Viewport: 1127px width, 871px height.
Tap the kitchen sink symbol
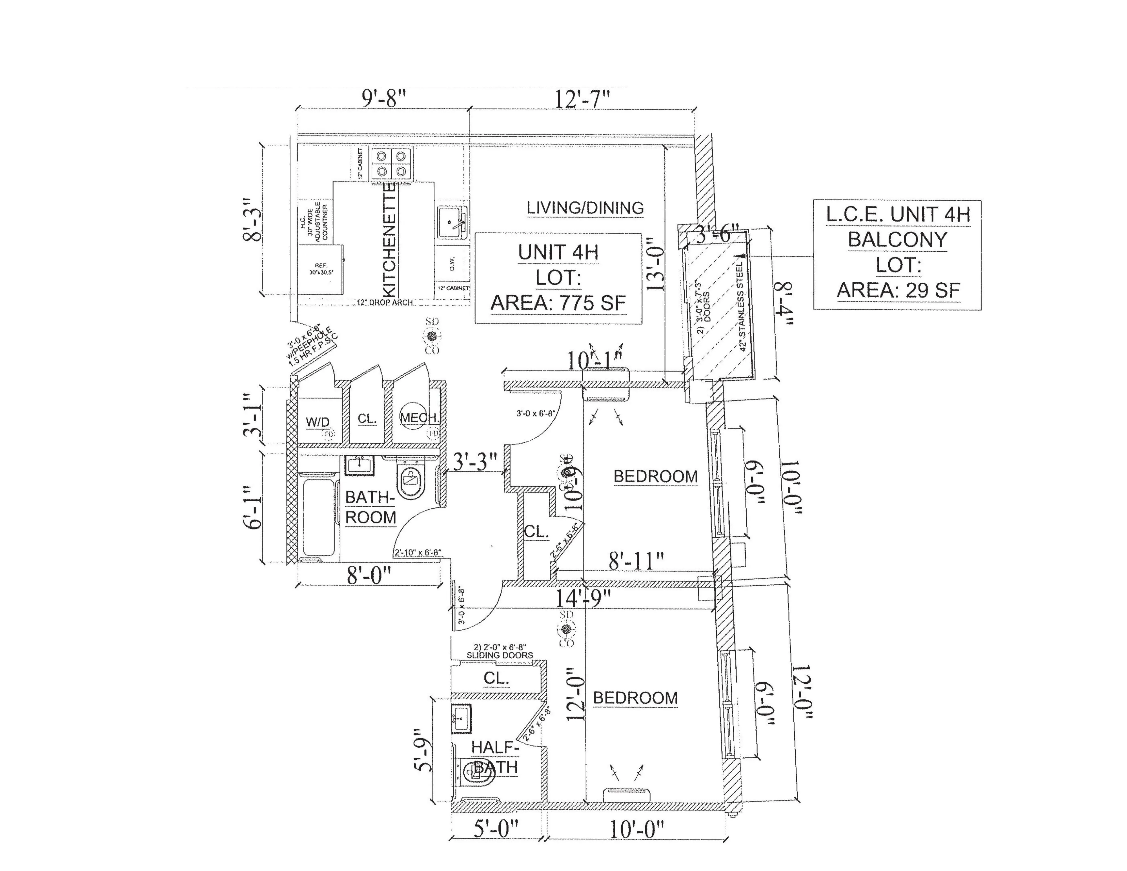pos(452,222)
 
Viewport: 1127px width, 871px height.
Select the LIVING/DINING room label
pos(585,208)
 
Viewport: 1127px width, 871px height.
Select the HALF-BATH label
pos(494,757)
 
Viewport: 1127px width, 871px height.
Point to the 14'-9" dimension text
pos(583,599)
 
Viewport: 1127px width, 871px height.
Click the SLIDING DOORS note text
pos(500,655)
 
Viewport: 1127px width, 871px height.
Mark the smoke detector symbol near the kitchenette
pos(432,336)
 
